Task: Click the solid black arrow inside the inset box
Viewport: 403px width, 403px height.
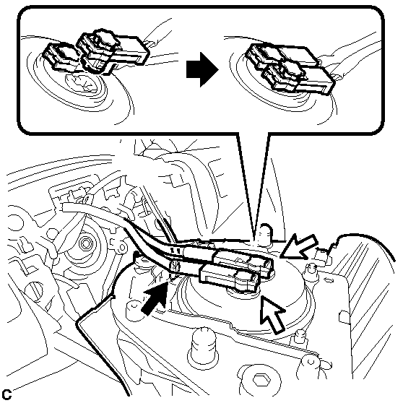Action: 202,69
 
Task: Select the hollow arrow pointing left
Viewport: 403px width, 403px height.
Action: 300,247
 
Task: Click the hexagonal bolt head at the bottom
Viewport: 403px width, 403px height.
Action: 261,380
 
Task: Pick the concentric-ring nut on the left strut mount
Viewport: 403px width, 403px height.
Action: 85,243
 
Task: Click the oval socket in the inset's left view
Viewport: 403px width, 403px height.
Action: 82,83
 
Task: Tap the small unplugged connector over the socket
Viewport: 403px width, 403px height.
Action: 61,56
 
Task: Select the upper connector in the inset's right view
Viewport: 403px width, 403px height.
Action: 282,56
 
